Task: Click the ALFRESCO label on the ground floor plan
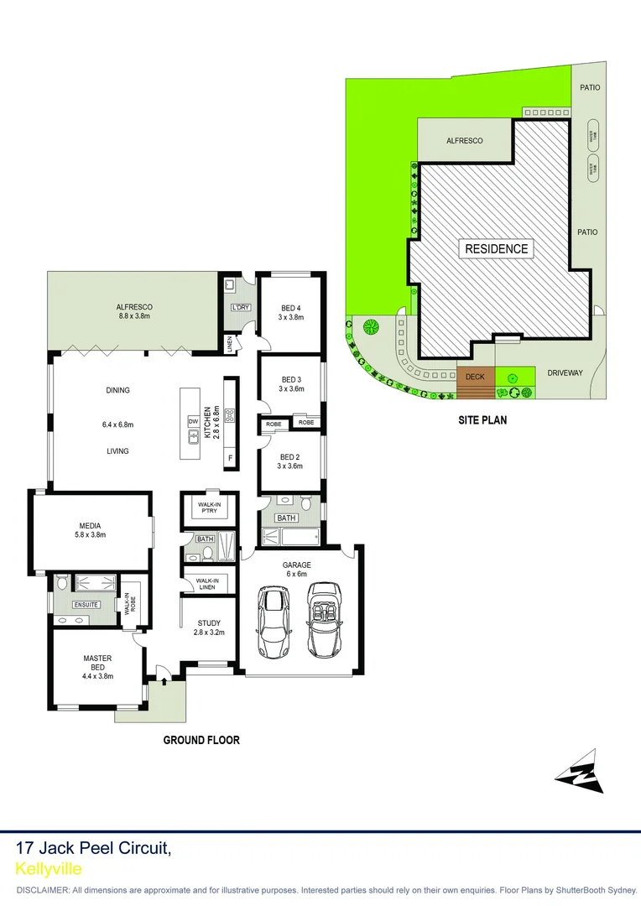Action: click(x=134, y=307)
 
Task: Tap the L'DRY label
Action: click(x=241, y=308)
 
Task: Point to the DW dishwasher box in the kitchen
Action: click(x=193, y=421)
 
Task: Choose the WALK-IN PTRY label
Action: click(x=209, y=508)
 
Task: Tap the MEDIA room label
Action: click(x=90, y=527)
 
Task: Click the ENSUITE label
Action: click(x=86, y=604)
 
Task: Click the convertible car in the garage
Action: click(x=324, y=620)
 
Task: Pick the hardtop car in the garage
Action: click(x=274, y=622)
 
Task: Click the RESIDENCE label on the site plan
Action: click(x=497, y=248)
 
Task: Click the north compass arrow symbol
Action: click(x=581, y=773)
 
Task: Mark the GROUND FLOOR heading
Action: click(x=201, y=740)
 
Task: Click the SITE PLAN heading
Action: click(x=482, y=420)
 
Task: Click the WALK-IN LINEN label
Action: click(x=206, y=584)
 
